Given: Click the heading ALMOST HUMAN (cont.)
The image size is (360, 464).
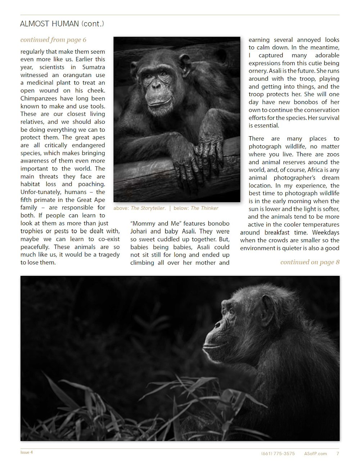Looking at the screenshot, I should [62, 24].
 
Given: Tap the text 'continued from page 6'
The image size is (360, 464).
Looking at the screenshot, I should [53, 40].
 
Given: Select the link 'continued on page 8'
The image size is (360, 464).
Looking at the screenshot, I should [310, 262].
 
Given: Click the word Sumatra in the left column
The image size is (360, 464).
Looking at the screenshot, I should [94, 67].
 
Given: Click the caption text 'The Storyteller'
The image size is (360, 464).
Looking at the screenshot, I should [148, 208].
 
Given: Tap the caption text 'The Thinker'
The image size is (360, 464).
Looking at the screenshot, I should [204, 208].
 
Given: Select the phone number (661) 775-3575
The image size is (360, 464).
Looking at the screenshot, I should [278, 454].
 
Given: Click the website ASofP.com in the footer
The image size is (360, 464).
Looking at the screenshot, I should [315, 454].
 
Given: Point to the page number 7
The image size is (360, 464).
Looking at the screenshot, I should [337, 454].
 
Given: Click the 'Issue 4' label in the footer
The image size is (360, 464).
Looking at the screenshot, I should [27, 452].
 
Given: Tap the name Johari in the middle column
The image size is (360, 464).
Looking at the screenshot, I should [139, 231].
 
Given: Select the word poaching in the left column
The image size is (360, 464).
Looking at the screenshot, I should [91, 184].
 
